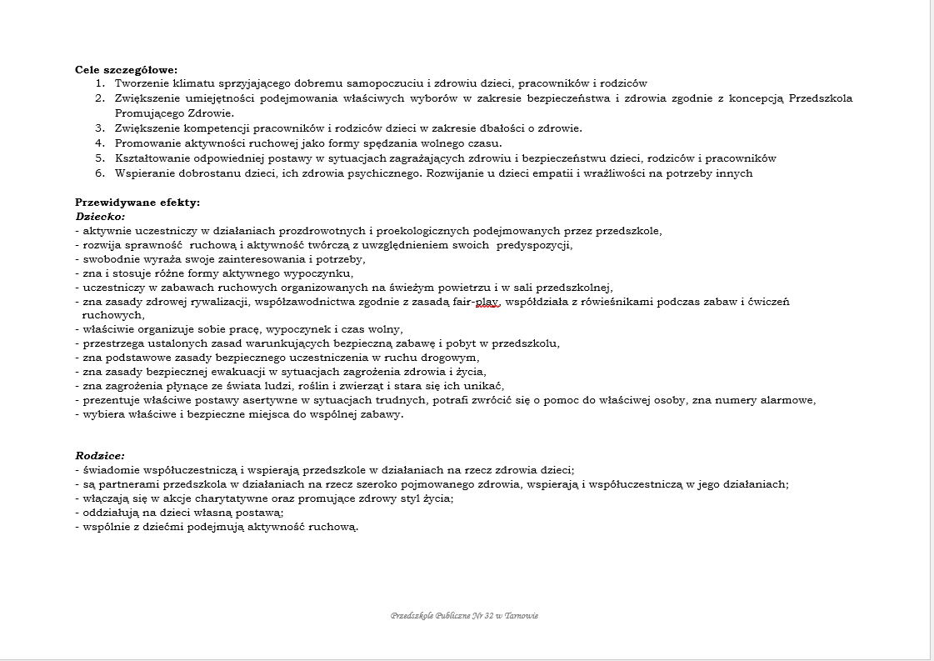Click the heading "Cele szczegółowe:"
(x=126, y=70)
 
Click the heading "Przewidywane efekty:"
(x=137, y=202)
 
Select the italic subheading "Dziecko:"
(x=100, y=216)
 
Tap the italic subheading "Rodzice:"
(x=100, y=456)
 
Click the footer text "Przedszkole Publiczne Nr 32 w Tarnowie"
(x=464, y=616)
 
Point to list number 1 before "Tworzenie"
(x=99, y=83)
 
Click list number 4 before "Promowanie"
(x=99, y=143)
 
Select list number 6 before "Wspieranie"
(x=99, y=173)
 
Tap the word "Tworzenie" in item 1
(x=142, y=83)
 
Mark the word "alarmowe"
(x=787, y=400)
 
